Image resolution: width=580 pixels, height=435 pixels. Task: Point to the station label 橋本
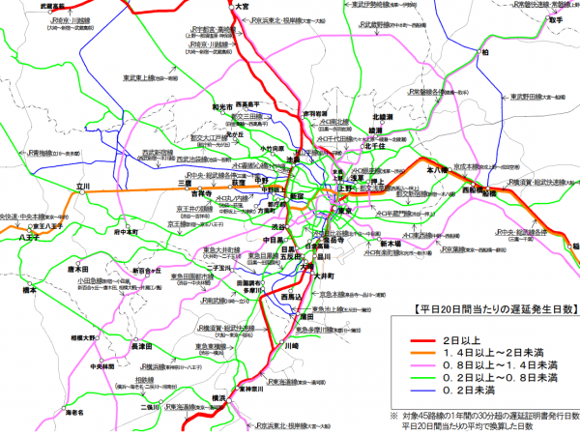(29, 288)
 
